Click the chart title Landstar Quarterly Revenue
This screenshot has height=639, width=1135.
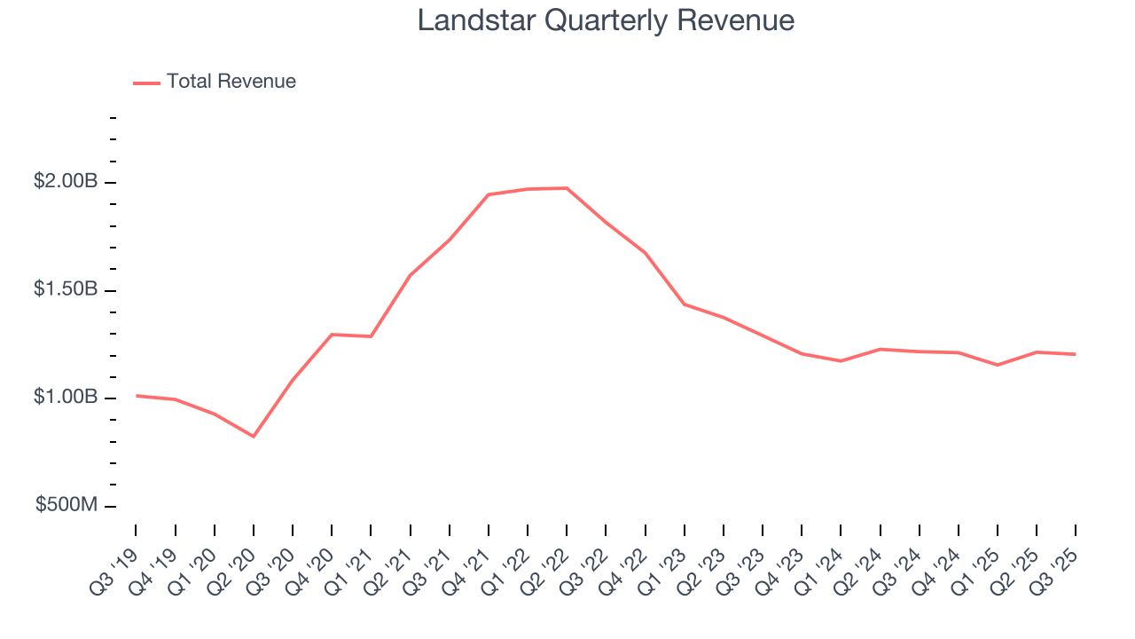tap(606, 20)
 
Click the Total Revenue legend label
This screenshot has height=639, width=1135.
tap(231, 82)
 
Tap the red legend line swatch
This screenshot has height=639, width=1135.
tap(146, 83)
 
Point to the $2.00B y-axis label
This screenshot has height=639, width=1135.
tap(66, 182)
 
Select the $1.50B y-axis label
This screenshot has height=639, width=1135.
tap(66, 290)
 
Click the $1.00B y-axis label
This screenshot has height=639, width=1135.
tap(66, 398)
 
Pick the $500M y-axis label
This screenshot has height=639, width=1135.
tap(67, 505)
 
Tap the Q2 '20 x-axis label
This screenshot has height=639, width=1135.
tap(233, 564)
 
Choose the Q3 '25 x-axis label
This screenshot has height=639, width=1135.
tap(1055, 564)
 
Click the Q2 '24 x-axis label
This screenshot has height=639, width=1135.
tap(860, 564)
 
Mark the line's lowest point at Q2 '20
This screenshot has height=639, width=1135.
tap(254, 436)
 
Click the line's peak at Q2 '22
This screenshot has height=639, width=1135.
tap(567, 188)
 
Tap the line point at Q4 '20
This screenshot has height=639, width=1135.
tap(332, 335)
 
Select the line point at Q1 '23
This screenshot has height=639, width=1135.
tap(685, 304)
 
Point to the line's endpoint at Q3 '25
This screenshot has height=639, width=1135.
tap(1076, 354)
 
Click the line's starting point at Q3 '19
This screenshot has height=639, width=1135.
tap(136, 396)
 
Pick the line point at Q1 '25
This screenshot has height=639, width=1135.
tap(998, 365)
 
